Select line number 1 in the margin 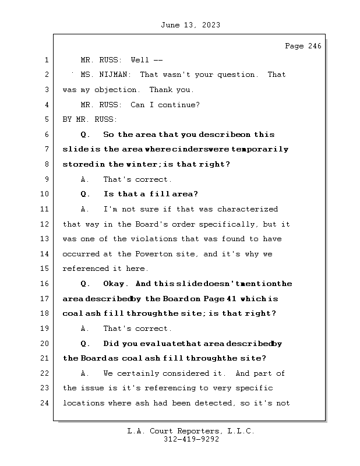(x=45, y=60)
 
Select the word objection (x=119, y=90)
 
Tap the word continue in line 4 (x=181, y=105)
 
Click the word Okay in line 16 (x=115, y=284)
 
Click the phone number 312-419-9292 (x=191, y=440)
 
